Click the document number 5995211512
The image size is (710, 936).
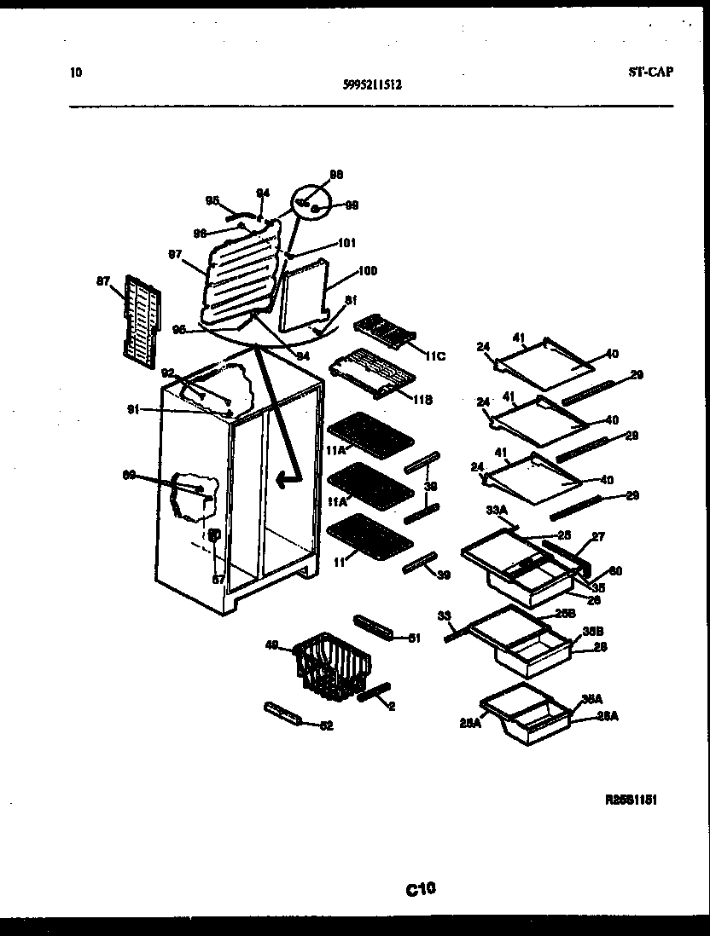372,84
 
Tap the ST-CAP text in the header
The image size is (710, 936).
644,72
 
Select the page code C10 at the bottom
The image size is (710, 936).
421,890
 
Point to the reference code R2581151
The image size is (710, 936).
631,800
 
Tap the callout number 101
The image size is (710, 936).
346,242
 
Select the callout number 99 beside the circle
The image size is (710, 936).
352,205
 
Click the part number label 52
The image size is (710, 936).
325,725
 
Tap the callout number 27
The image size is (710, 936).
597,537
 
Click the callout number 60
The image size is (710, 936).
614,571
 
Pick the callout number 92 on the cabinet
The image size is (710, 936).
167,372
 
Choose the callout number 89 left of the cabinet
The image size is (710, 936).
129,475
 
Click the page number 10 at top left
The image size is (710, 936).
75,72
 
